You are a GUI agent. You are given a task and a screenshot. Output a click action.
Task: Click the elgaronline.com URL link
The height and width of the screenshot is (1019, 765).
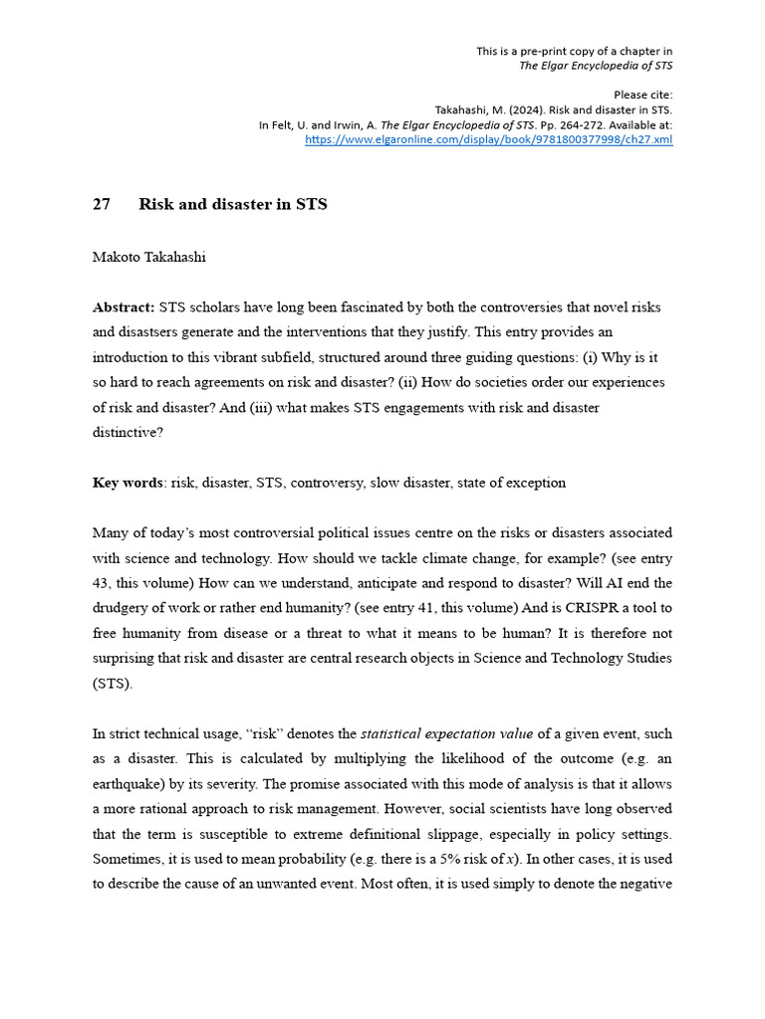pyautogui.click(x=488, y=139)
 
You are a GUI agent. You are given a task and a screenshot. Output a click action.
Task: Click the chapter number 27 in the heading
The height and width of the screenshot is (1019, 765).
pyautogui.click(x=102, y=204)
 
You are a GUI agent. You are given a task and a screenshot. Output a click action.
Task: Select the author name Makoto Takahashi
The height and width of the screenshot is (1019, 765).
pyautogui.click(x=148, y=257)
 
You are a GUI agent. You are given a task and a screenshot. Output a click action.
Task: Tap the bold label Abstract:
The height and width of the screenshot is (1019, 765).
pyautogui.click(x=124, y=307)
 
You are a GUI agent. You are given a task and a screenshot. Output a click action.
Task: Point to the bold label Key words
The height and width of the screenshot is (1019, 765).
pyautogui.click(x=127, y=483)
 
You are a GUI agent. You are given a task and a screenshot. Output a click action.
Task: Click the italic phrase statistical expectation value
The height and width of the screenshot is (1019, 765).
pyautogui.click(x=446, y=733)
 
